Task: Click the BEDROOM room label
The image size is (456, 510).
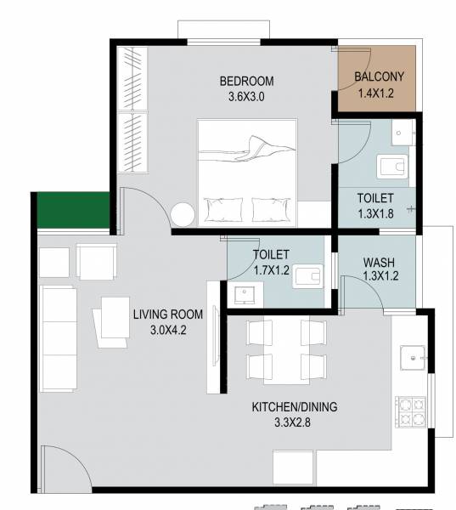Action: tap(247, 82)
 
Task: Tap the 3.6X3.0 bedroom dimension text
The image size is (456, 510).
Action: tap(247, 97)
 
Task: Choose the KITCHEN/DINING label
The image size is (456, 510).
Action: tap(295, 407)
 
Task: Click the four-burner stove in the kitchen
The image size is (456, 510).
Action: tap(409, 412)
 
